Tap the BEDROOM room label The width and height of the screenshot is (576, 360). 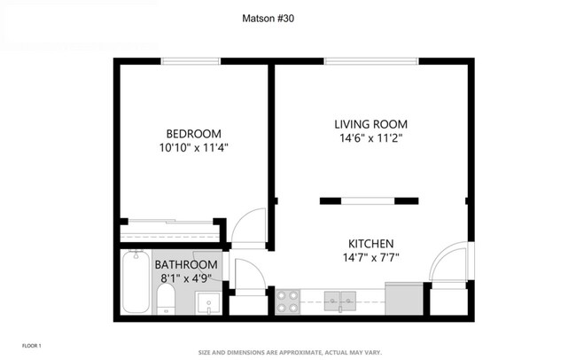[193, 134]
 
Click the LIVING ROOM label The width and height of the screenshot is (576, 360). [371, 124]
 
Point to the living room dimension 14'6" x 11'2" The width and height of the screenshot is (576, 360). [371, 138]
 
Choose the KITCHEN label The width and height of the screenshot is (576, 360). [371, 244]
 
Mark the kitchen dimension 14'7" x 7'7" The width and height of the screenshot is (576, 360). [371, 259]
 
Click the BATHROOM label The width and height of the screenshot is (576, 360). [186, 265]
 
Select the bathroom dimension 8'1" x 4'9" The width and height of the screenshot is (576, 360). [186, 278]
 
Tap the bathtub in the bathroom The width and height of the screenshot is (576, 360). [136, 281]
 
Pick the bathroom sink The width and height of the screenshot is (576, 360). [208, 302]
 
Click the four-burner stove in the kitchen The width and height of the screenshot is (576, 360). [288, 301]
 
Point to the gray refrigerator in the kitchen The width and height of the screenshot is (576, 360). [403, 299]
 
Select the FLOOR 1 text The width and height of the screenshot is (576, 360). [31, 344]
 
